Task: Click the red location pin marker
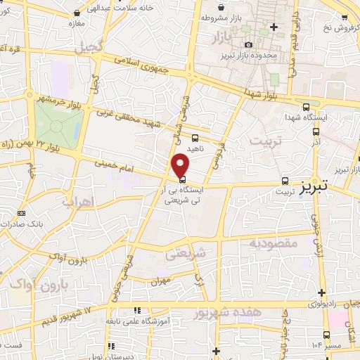coord(181,164)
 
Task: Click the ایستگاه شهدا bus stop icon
coord(304,107)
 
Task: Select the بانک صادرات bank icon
coord(20,212)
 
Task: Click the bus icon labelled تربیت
coord(285,180)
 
